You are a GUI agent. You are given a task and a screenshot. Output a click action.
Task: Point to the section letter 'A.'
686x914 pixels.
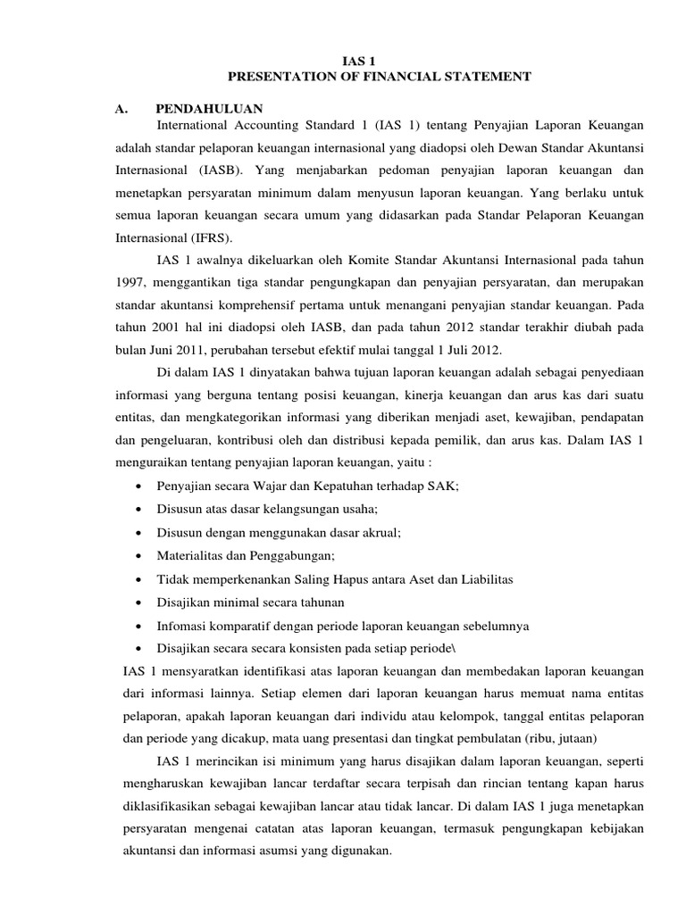click(123, 108)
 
